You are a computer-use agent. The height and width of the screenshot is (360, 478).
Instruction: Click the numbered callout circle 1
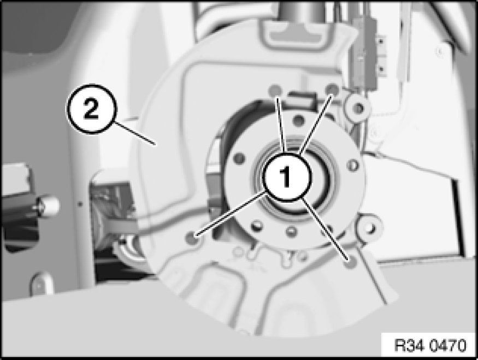point(287,177)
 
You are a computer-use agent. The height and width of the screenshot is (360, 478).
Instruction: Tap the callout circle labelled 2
point(91,109)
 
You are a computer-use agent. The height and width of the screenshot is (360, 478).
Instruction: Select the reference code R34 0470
point(430,346)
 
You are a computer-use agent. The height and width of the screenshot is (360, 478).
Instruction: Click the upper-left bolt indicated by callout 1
point(275,91)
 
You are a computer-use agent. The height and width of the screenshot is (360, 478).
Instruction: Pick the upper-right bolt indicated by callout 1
point(332,89)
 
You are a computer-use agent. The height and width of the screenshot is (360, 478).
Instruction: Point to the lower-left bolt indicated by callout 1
point(193,237)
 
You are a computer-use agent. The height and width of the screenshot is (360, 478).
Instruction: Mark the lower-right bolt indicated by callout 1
point(350,261)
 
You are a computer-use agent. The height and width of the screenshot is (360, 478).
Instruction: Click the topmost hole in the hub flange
point(298,120)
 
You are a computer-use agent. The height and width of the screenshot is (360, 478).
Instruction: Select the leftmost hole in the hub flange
point(239,158)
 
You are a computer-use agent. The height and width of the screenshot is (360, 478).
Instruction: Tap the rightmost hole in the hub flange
point(353,165)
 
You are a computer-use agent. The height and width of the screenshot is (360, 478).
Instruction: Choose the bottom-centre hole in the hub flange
point(291,232)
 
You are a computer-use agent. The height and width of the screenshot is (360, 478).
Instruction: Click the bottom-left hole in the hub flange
point(256,226)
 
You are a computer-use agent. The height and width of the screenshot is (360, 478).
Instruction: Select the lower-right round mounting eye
point(370,227)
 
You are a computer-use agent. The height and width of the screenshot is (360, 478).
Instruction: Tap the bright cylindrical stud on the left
point(48,206)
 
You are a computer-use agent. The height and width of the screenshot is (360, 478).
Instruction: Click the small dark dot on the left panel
point(80,203)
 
